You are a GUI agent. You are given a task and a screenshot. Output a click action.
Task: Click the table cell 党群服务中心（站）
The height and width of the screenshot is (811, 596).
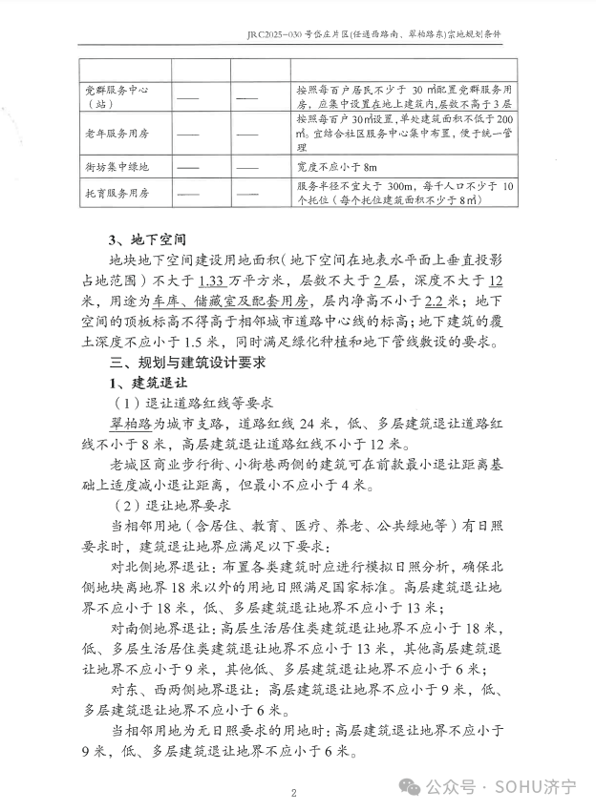coord(121,96)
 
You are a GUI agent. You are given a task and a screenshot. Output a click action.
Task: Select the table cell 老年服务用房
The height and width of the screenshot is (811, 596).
coord(121,134)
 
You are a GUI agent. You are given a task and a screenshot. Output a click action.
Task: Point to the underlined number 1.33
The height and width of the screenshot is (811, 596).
coord(211,281)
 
